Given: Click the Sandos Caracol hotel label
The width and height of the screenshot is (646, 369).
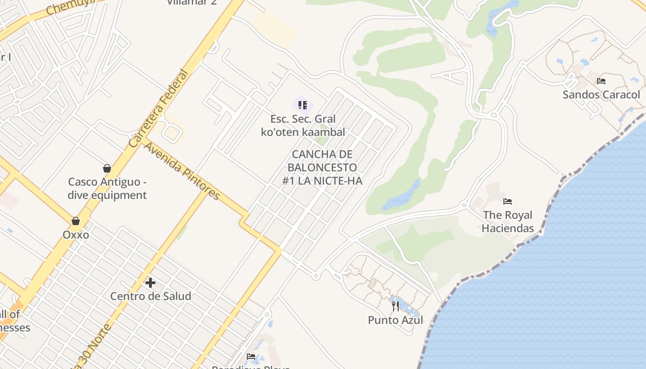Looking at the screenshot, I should [x=601, y=95].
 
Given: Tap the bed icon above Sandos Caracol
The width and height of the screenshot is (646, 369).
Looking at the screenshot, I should [x=601, y=81].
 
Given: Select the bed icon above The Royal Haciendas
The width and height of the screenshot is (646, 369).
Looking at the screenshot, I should [x=508, y=202].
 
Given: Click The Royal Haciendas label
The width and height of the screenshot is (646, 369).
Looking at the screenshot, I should [x=508, y=221].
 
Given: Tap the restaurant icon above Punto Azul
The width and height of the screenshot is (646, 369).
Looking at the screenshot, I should [x=395, y=306].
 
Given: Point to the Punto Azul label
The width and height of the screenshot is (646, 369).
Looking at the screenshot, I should [x=395, y=320].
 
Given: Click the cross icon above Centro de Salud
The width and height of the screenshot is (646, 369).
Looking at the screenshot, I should [x=150, y=282].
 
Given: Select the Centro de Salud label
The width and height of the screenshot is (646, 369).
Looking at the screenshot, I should [x=150, y=296].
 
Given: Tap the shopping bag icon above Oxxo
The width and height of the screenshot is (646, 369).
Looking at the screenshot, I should [x=76, y=221].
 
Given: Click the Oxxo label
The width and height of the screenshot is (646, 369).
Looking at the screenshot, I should [x=76, y=235].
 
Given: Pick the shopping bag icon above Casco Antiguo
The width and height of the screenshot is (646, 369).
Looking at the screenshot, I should [x=107, y=168].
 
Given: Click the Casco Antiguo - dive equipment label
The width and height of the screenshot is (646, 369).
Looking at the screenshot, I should [x=107, y=188].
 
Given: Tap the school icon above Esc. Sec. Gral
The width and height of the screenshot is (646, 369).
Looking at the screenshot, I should [x=303, y=105].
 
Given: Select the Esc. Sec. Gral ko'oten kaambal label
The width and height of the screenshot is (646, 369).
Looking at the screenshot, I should [x=303, y=125].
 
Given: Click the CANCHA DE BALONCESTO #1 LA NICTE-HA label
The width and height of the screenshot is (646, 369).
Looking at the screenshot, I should [x=322, y=167].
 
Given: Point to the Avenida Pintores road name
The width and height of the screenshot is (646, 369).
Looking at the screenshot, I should [x=182, y=171].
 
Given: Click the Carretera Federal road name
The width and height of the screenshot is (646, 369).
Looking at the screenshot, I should [x=159, y=109].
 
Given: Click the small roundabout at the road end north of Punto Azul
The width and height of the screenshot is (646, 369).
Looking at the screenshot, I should [x=316, y=276].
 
